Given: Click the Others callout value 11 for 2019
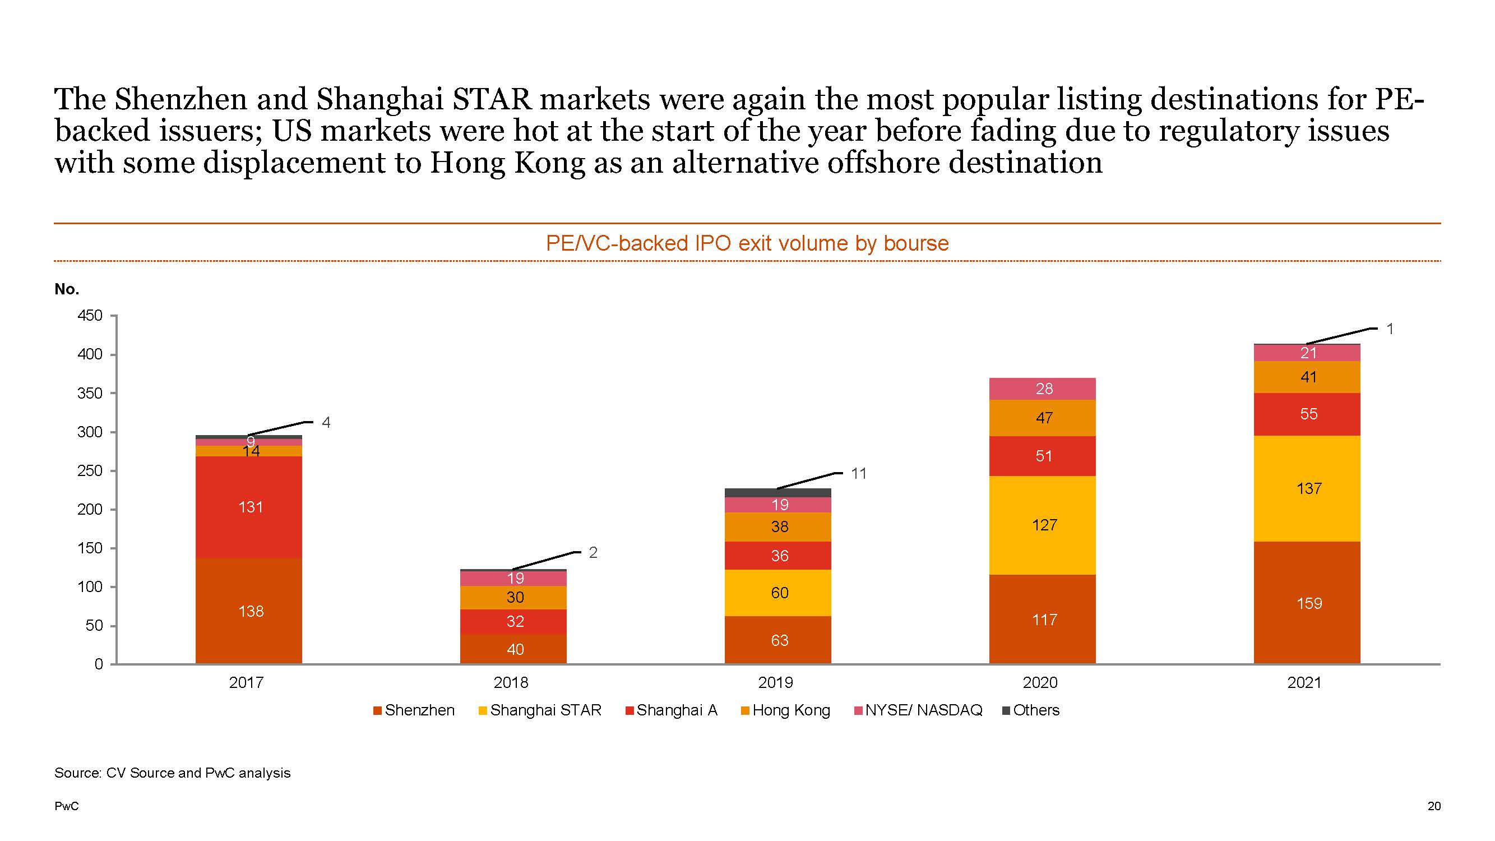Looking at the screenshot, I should (x=858, y=474).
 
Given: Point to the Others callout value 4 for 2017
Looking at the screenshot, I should (x=326, y=423).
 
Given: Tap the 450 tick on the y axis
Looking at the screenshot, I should (x=90, y=316).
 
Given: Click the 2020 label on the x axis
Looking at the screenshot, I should (x=1040, y=682).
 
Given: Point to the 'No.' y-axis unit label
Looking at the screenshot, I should (x=67, y=289).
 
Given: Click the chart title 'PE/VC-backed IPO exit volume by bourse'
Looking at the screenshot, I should (x=747, y=243).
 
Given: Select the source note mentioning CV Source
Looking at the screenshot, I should (x=172, y=773).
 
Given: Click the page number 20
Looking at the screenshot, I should (x=1433, y=806).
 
